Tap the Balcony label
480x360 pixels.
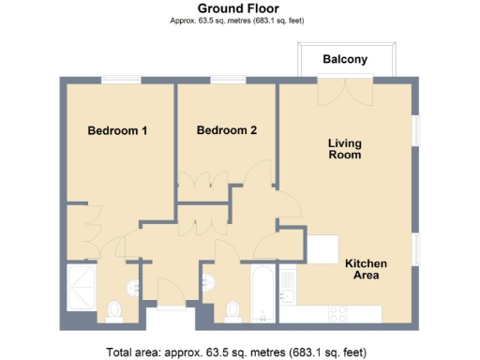pyautogui.click(x=345, y=60)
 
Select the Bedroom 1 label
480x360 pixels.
pyautogui.click(x=117, y=131)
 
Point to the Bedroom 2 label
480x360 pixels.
pyautogui.click(x=226, y=131)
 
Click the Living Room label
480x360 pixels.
pyautogui.click(x=344, y=149)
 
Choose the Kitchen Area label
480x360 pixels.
pyautogui.click(x=366, y=270)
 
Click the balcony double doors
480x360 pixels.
pyautogui.click(x=344, y=92)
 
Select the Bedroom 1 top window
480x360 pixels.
pyautogui.click(x=121, y=80)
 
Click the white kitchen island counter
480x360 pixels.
pyautogui.click(x=324, y=249)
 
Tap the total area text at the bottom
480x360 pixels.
pyautogui.click(x=236, y=352)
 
